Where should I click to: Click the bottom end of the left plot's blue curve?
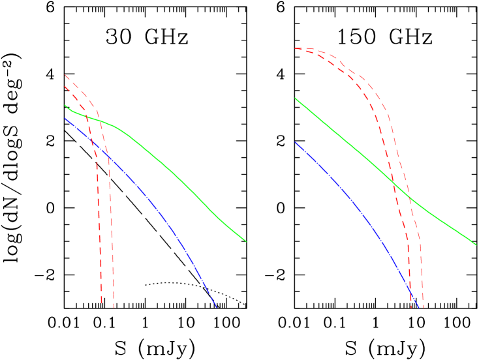pyautogui.click(x=215, y=307)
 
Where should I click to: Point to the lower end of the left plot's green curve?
pyautogui.click(x=246, y=241)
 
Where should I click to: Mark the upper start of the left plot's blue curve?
pyautogui.click(x=65, y=118)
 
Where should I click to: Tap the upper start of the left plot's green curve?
pyautogui.click(x=65, y=105)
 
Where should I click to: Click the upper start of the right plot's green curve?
pyautogui.click(x=295, y=98)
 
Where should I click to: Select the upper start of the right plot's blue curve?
pyautogui.click(x=295, y=142)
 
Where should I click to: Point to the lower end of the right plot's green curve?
pyautogui.click(x=476, y=245)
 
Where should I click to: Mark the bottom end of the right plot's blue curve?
pyautogui.click(x=418, y=307)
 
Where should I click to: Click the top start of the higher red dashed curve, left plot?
pyautogui.click(x=65, y=75)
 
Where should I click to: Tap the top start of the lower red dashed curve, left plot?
pyautogui.click(x=65, y=86)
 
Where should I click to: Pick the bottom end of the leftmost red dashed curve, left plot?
pyautogui.click(x=102, y=303)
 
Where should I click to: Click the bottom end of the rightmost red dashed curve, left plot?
pyautogui.click(x=114, y=307)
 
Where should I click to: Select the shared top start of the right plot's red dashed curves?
pyautogui.click(x=296, y=48)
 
